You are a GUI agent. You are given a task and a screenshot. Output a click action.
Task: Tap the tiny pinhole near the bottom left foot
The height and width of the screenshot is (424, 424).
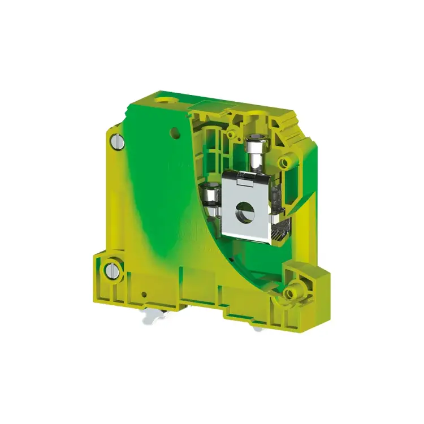145,294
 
